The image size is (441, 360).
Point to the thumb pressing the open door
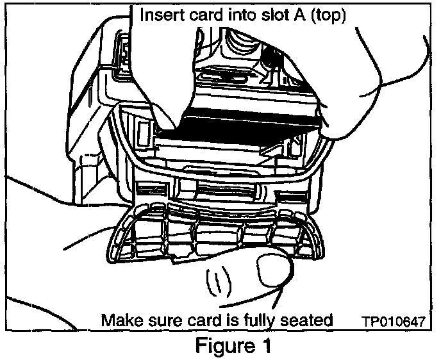tap(269, 266)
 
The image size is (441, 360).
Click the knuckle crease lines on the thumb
tap(218, 282)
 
